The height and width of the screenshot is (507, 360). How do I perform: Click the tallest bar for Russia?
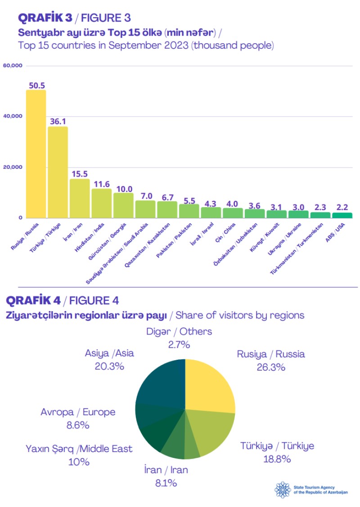36,153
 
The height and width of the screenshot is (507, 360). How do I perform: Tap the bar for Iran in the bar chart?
79,198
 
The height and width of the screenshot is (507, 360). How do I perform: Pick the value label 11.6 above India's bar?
101,184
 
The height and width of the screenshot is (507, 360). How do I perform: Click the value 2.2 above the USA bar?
343,208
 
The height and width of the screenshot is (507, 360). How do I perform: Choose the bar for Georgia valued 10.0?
123,205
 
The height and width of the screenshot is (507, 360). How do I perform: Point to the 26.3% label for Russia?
271,367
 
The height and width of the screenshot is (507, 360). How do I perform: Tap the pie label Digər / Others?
179,332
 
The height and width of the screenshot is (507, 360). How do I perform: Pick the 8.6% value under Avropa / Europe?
78,425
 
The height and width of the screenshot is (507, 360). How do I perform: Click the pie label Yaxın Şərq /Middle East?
79,449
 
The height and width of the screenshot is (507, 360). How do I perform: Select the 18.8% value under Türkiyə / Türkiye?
277,459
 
